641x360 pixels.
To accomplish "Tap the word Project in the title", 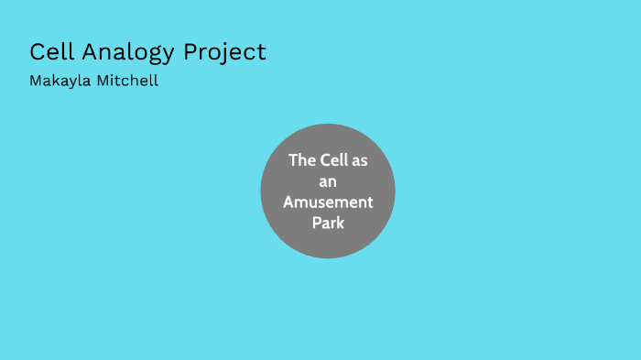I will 224,52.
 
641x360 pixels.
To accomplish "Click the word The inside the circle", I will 302,160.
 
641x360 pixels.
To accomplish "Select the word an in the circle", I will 328,181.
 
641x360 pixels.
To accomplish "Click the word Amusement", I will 328,202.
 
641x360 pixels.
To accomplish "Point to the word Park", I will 328,223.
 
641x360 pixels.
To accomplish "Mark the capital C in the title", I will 37,52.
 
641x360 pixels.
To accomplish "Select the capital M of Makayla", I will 35,81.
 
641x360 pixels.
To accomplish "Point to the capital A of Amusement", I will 288,202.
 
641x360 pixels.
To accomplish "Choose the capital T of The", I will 293,160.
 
